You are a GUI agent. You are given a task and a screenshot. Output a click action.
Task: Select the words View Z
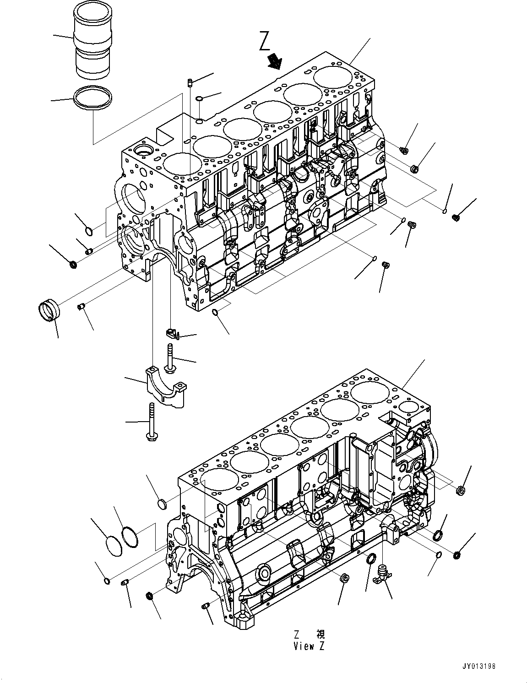point(310,646)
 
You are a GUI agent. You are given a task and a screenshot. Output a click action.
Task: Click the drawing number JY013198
point(478,667)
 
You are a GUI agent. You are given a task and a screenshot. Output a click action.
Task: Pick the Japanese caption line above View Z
point(310,634)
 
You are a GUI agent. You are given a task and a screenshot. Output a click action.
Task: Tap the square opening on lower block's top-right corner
point(407,407)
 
